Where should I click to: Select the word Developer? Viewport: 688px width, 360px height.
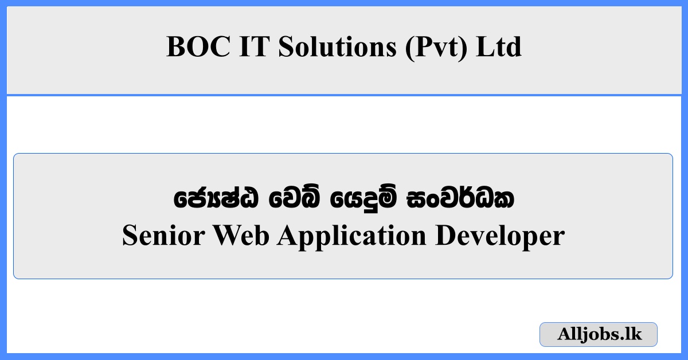(499, 237)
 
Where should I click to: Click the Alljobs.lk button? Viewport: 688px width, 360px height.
(599, 334)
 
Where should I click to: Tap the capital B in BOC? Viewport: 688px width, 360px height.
(175, 47)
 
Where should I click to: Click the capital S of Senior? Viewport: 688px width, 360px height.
(130, 236)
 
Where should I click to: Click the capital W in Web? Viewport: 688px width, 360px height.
(226, 236)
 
